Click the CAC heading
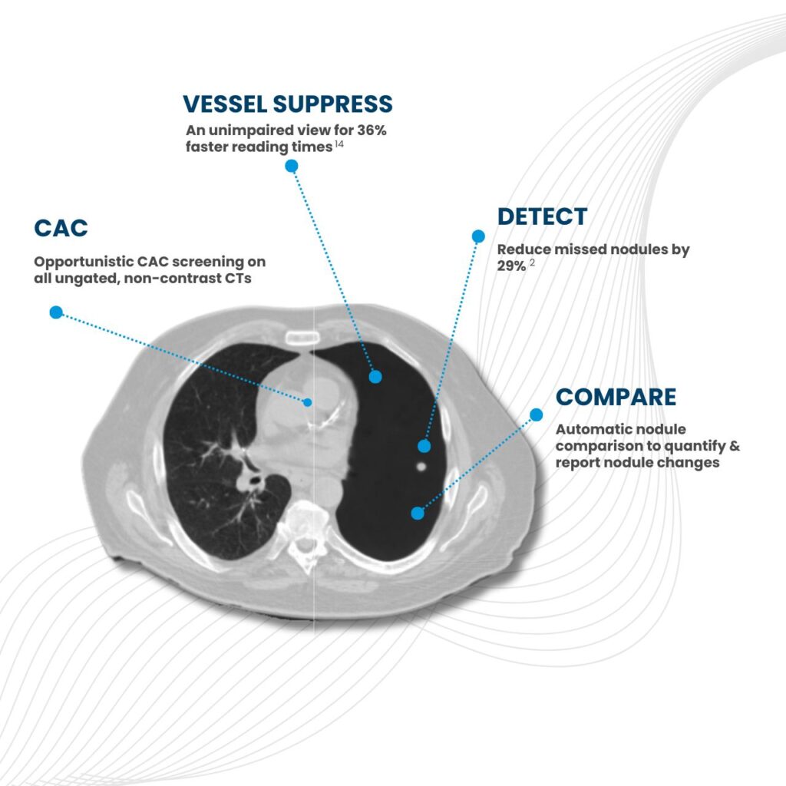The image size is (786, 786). coord(61,228)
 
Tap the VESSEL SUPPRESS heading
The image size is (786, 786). coord(288,104)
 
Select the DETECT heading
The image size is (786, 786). coord(542,216)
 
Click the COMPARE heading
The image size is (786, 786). coord(616,398)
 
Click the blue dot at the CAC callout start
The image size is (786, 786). coord(55,312)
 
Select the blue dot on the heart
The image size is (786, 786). coord(308,401)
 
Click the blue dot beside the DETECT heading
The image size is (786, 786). coord(478,236)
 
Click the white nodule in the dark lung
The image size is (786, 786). coord(419,465)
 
